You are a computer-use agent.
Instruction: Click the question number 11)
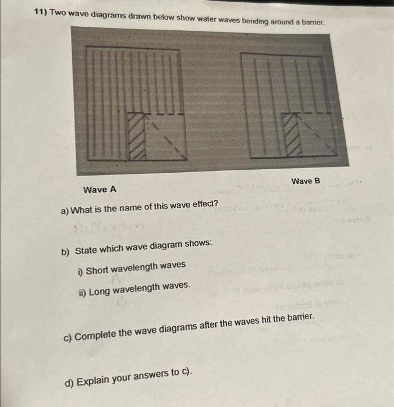(40, 12)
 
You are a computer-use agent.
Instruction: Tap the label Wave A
(100, 190)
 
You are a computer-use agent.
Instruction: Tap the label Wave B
(306, 181)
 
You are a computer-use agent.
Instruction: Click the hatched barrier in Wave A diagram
(137, 135)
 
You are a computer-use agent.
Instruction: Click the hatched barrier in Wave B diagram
(291, 134)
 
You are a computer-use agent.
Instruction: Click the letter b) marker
(66, 251)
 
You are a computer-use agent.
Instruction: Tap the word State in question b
(87, 250)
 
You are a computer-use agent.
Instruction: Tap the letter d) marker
(69, 383)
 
